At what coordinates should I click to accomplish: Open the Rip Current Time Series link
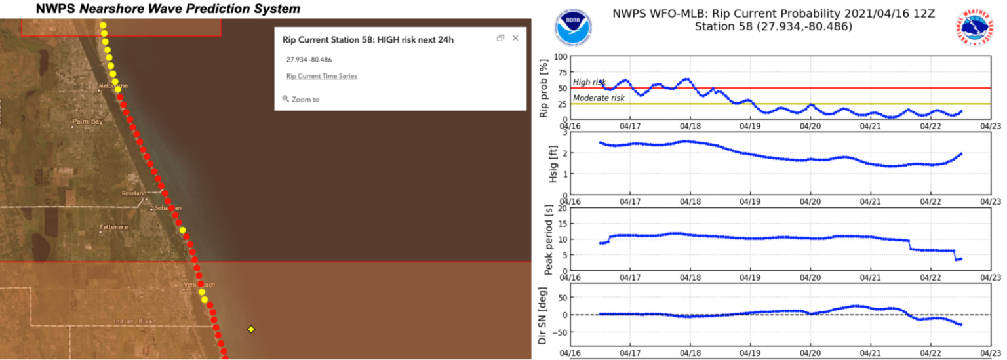[321, 76]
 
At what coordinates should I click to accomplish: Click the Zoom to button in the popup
[301, 99]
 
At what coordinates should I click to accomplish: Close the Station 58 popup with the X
[515, 38]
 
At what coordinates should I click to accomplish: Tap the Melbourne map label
[113, 86]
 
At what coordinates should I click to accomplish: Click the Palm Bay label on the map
[89, 121]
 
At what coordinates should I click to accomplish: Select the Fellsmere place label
[113, 228]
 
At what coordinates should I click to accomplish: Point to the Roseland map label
[134, 193]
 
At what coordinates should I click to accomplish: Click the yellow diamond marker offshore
[250, 329]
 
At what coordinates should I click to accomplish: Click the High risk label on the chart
[589, 83]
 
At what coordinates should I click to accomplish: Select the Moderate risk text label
[599, 98]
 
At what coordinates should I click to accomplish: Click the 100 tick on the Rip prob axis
[560, 57]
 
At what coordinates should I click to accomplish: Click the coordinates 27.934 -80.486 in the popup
[309, 59]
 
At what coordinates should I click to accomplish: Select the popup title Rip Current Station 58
[368, 39]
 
